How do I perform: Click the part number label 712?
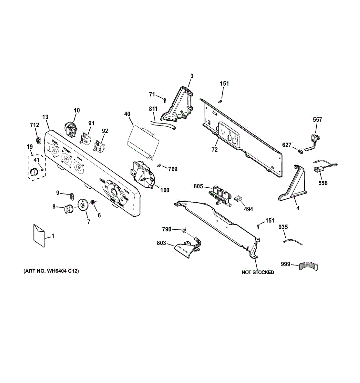[x=34, y=125]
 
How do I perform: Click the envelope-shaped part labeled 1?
[x=39, y=235]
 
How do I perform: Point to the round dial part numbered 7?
[x=83, y=205]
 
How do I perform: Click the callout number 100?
[x=165, y=190]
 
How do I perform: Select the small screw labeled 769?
[x=159, y=165]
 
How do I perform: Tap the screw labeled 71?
[x=164, y=100]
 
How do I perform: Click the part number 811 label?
[x=153, y=109]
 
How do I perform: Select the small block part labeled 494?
[x=237, y=199]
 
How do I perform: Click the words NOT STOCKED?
[x=258, y=272]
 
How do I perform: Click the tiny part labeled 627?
[x=300, y=150]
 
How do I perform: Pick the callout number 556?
[x=323, y=183]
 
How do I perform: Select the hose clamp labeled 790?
[x=184, y=230]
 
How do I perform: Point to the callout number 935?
[x=283, y=227]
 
